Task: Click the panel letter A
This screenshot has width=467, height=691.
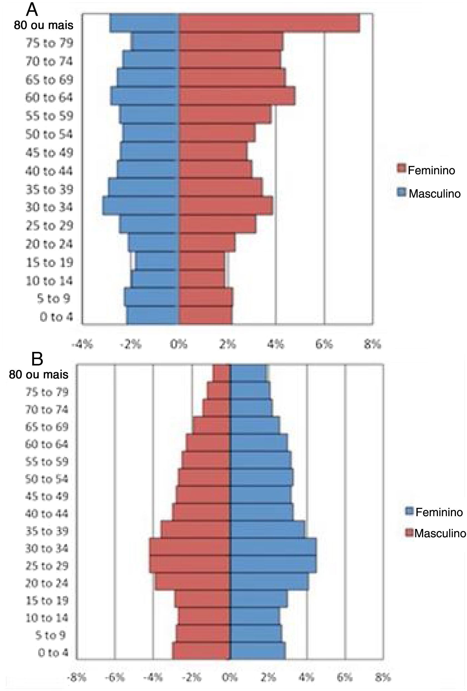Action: [x=32, y=9]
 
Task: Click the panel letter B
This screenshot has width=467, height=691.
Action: [x=37, y=359]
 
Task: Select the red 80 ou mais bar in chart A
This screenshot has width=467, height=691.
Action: [x=269, y=23]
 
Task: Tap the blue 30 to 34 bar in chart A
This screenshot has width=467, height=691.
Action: [x=141, y=205]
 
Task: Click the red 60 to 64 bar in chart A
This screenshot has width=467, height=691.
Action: [x=237, y=96]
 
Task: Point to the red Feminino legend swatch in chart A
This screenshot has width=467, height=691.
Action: [x=401, y=168]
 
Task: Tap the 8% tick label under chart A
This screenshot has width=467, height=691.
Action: [x=372, y=344]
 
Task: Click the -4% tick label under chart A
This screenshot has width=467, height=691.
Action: [x=82, y=344]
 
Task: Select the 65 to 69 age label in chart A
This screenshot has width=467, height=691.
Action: [x=49, y=80]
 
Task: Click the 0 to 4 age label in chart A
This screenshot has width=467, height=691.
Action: [x=56, y=317]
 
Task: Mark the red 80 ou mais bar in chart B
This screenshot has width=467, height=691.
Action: [x=222, y=373]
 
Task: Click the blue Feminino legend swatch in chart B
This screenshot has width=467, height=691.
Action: [x=409, y=511]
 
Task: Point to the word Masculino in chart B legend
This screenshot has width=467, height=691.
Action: [x=440, y=533]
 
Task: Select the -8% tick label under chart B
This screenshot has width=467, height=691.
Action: [x=77, y=677]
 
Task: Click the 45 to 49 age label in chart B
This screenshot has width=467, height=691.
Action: [x=47, y=496]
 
